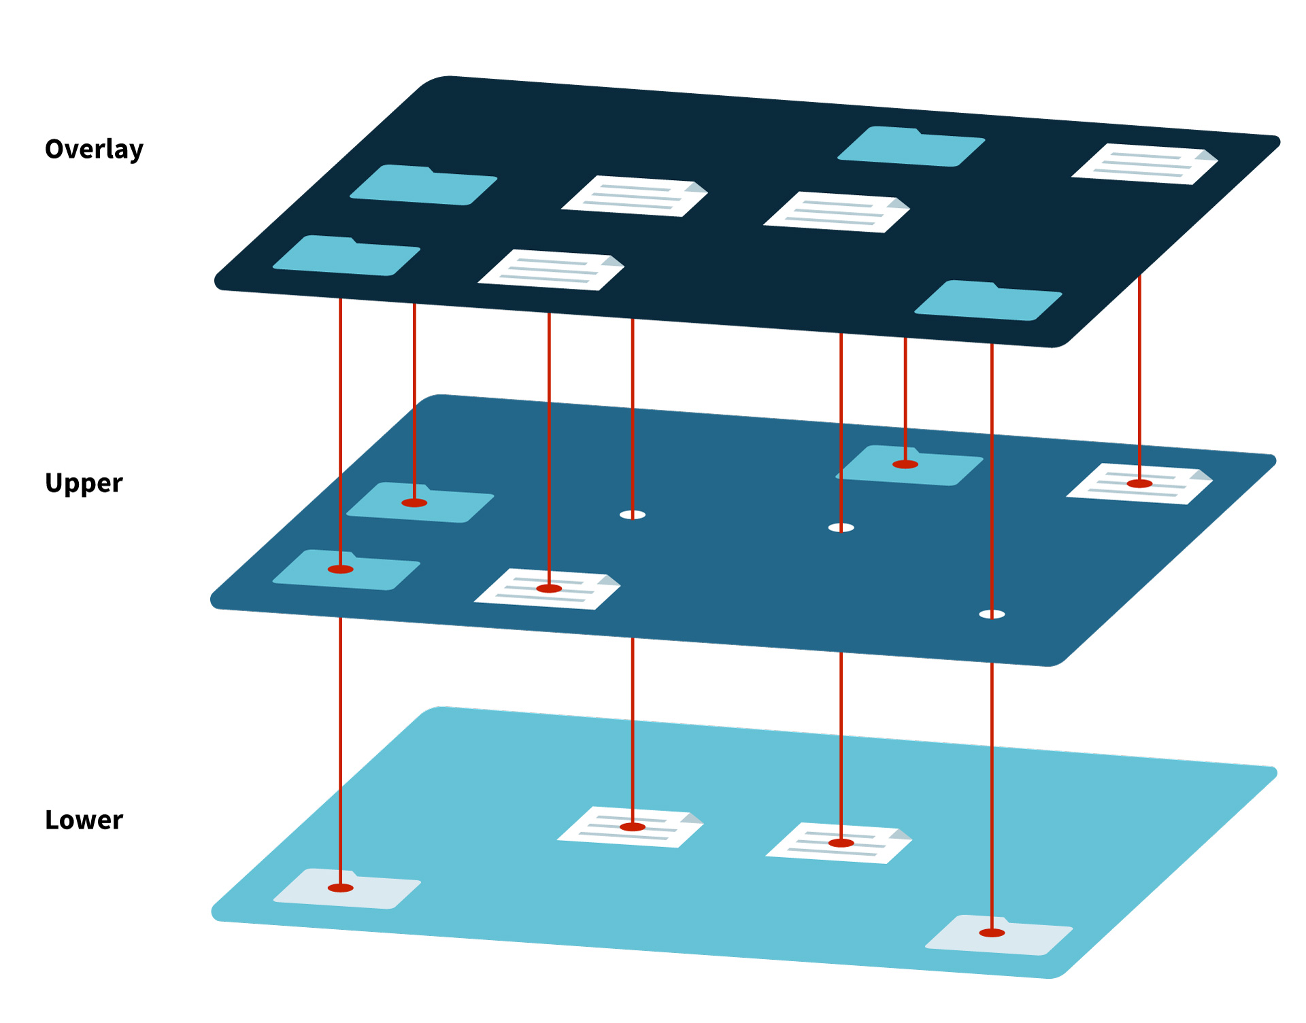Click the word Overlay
94,150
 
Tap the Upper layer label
84,483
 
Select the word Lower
84,820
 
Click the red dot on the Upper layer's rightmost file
1139,484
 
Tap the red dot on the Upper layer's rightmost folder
905,464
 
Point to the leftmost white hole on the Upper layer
633,515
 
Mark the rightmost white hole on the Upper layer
992,614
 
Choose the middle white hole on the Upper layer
841,527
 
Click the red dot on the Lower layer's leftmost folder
341,888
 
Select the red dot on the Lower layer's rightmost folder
992,933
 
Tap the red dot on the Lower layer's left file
633,827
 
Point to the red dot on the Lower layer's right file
841,843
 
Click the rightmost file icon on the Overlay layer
1143,164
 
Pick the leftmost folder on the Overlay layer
346,256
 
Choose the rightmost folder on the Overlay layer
988,300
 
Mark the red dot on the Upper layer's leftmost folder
341,569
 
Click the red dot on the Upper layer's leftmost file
549,589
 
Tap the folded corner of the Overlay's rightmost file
1206,156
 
